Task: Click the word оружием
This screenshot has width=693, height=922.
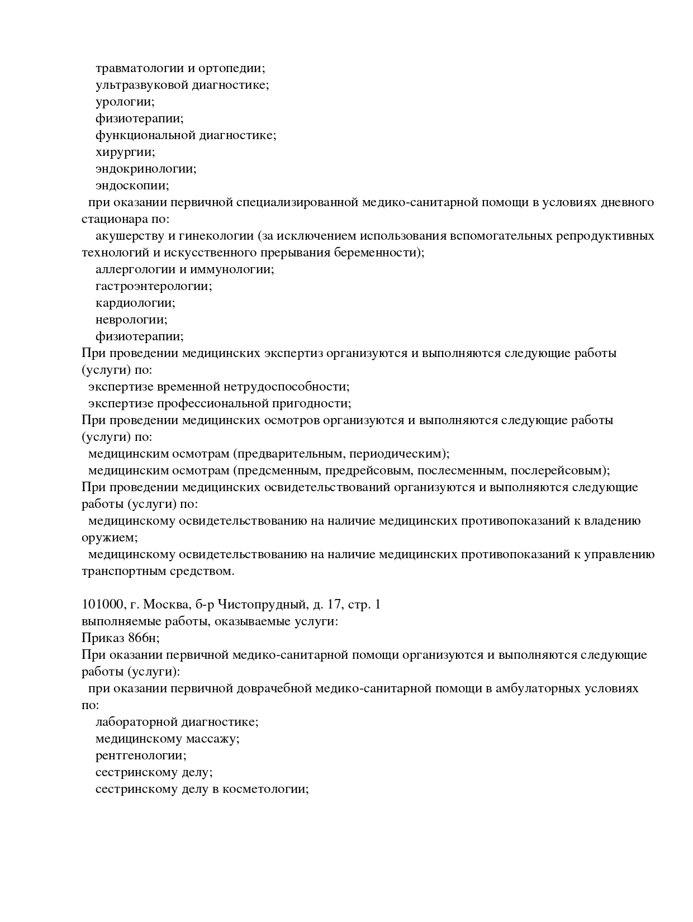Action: pos(109,538)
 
